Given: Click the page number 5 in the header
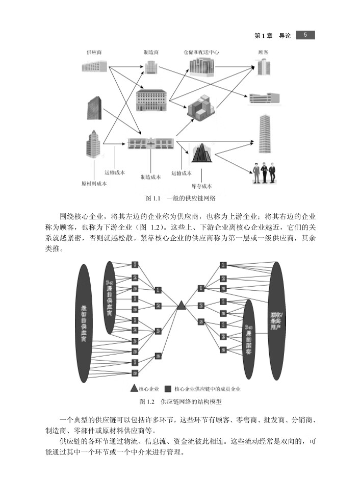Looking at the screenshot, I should (x=305, y=35).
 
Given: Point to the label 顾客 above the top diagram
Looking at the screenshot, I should (x=264, y=53).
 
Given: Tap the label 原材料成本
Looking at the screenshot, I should (x=94, y=184).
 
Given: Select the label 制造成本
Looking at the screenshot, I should (x=150, y=177).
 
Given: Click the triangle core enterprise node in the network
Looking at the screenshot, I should (x=181, y=306).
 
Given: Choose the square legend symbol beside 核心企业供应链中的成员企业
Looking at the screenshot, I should (x=168, y=388).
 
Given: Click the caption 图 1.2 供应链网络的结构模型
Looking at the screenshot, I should (x=181, y=402).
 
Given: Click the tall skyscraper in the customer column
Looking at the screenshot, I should (x=265, y=134).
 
